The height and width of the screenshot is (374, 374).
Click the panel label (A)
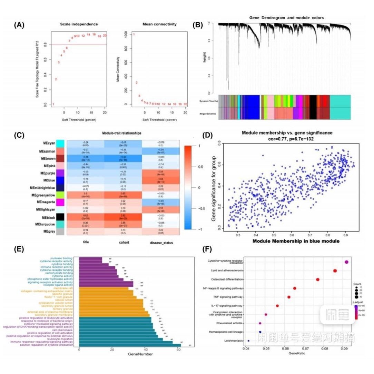[19, 24]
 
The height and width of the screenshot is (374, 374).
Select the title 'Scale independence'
[79, 24]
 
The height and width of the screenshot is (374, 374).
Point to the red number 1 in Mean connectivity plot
[134, 34]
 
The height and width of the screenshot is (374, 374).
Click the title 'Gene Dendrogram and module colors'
[286, 17]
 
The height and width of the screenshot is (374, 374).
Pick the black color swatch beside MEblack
[60, 217]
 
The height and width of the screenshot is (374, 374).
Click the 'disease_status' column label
[161, 243]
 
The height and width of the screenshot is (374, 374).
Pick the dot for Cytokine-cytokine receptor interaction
[346, 262]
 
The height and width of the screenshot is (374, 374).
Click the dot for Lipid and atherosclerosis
[335, 271]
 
